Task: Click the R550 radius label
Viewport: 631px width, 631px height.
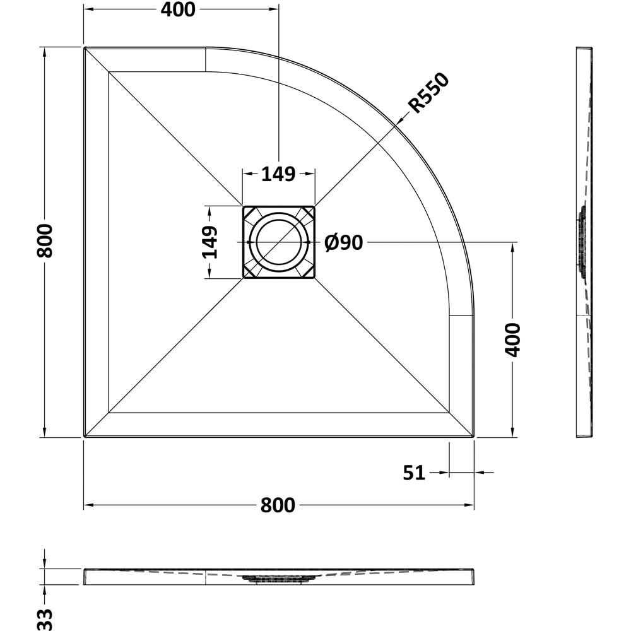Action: click(x=428, y=93)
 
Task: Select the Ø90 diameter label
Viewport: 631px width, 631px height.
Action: click(x=344, y=243)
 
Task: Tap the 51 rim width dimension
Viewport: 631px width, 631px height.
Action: click(x=414, y=473)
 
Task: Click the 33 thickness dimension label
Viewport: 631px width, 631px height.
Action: click(x=45, y=619)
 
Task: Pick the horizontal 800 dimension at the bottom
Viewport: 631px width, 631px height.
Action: click(x=278, y=505)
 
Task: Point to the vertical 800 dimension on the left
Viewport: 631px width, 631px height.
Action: click(x=44, y=241)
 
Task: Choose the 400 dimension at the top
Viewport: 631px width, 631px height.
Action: click(x=178, y=9)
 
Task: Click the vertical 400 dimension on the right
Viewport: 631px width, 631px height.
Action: click(x=512, y=339)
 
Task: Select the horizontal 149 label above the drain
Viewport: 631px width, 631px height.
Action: click(x=278, y=174)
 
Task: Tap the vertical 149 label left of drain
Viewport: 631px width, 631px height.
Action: click(x=209, y=242)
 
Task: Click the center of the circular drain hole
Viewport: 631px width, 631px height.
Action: click(x=278, y=242)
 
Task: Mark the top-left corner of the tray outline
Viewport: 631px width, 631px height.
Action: click(x=85, y=48)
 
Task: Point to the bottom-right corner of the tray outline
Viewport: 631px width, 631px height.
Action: click(x=473, y=436)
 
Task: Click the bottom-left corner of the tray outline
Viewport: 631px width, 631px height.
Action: click(x=85, y=436)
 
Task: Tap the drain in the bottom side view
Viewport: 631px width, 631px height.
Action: click(x=278, y=579)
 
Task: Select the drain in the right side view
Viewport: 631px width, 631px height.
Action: click(x=582, y=242)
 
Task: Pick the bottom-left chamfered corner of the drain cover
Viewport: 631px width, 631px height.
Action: click(x=249, y=272)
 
